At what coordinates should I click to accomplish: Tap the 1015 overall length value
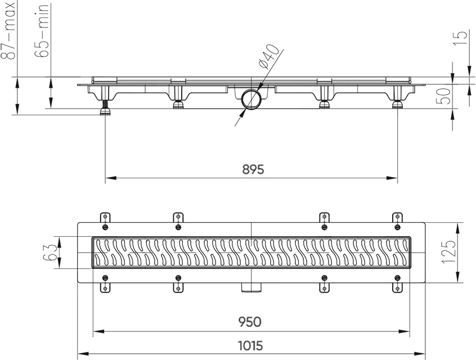tap(250, 345)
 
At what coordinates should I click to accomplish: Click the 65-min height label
tap(41, 30)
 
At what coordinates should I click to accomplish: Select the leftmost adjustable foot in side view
tap(105, 107)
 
